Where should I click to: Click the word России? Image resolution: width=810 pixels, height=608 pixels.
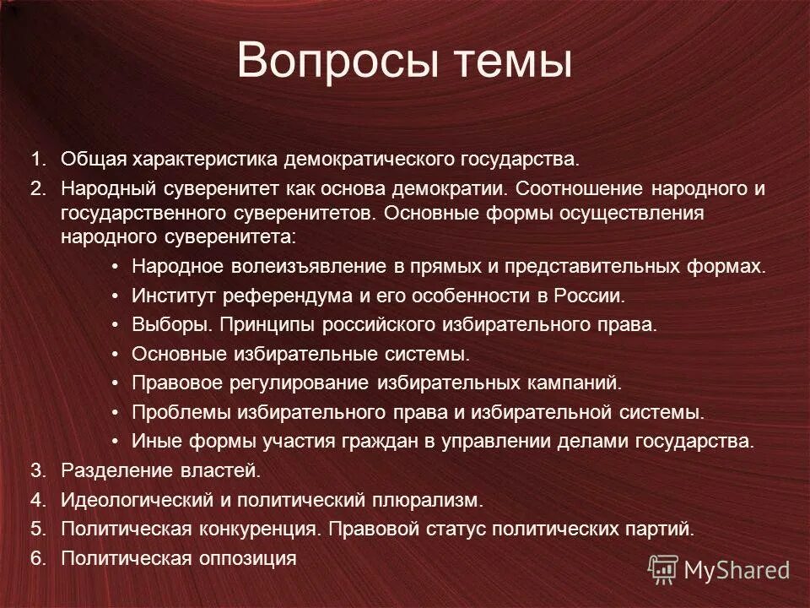click(590, 296)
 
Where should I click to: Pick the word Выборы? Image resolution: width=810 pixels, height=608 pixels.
click(163, 324)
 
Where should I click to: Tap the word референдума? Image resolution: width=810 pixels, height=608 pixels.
click(285, 296)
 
